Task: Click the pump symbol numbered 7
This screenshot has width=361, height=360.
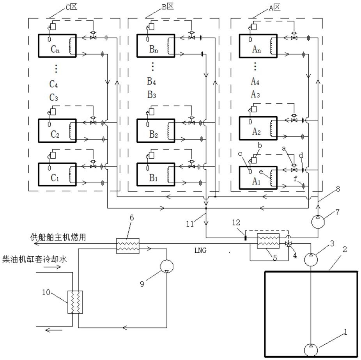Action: pyautogui.click(x=317, y=222)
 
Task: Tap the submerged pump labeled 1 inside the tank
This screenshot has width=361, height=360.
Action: pyautogui.click(x=311, y=350)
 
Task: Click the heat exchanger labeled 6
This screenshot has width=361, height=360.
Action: pyautogui.click(x=128, y=246)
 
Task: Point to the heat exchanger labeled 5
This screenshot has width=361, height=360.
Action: pyautogui.click(x=268, y=241)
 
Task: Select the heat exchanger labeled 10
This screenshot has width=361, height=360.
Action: pyautogui.click(x=75, y=302)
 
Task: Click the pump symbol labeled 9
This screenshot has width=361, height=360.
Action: pyautogui.click(x=166, y=266)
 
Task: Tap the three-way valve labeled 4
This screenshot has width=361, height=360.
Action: pyautogui.click(x=288, y=243)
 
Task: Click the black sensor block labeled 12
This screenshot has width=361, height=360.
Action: pyautogui.click(x=246, y=238)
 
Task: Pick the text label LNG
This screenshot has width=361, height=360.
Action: pyautogui.click(x=200, y=250)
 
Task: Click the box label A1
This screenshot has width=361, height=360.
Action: pyautogui.click(x=256, y=181)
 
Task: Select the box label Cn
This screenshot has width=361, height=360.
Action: pyautogui.click(x=55, y=49)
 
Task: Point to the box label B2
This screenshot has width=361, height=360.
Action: pyautogui.click(x=154, y=134)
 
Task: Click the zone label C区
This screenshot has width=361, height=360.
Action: pyautogui.click(x=71, y=7)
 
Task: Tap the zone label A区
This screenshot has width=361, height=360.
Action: pyautogui.click(x=274, y=7)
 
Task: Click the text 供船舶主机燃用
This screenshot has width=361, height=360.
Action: pyautogui.click(x=58, y=237)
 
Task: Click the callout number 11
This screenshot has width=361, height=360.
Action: pyautogui.click(x=190, y=224)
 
